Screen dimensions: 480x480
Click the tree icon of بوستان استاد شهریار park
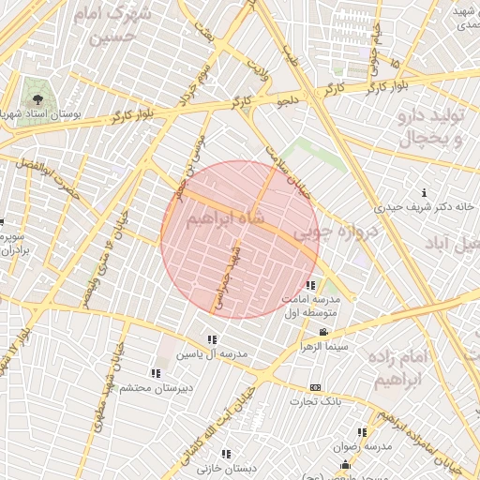pyautogui.click(x=37, y=97)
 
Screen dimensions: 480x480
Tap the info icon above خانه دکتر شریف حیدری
pyautogui.click(x=425, y=192)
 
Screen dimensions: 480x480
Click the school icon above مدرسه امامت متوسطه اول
pyautogui.click(x=311, y=285)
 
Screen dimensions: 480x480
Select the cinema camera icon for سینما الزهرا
pyautogui.click(x=323, y=333)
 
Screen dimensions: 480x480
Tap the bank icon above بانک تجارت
pyautogui.click(x=315, y=387)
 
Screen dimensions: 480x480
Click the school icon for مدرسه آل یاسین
pyautogui.click(x=212, y=339)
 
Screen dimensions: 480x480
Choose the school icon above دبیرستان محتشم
pyautogui.click(x=155, y=373)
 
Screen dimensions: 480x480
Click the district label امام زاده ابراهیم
pyautogui.click(x=427, y=367)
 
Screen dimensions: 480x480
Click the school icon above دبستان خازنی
pyautogui.click(x=227, y=454)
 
